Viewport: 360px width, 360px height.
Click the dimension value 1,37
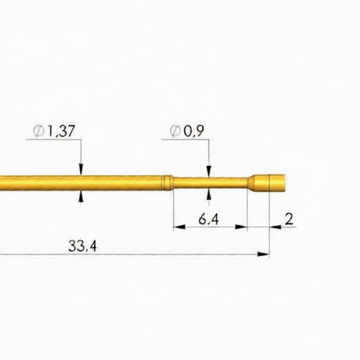(60, 131)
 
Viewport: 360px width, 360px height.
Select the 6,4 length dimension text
(209, 219)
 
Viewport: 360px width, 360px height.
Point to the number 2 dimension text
(289, 219)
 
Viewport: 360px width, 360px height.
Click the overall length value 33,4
(82, 245)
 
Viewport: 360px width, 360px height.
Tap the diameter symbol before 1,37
(39, 131)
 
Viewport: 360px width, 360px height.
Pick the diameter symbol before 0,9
(175, 131)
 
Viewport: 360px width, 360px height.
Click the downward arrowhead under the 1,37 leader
(82, 168)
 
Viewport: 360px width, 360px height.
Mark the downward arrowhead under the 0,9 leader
(208, 171)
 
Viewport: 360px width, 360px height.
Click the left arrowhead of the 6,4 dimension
(179, 227)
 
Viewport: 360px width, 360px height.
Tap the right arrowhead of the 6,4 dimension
(243, 227)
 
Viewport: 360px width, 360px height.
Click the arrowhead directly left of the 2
(275, 227)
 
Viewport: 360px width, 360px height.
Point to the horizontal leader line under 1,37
(53, 139)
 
